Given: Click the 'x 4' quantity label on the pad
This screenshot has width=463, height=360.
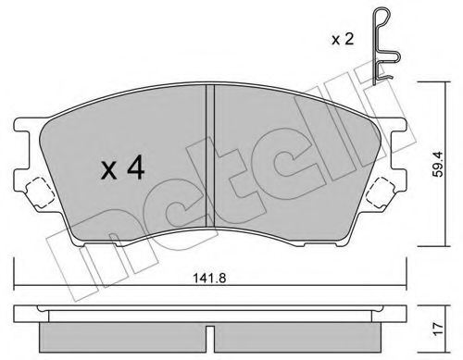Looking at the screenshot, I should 121,170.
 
